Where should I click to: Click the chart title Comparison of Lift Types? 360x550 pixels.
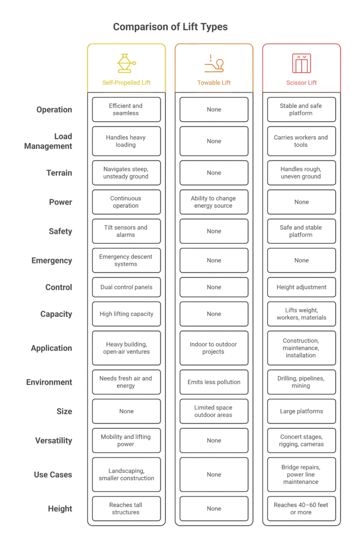[170, 27]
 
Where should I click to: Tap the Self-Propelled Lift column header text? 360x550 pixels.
[126, 83]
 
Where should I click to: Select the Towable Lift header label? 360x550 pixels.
[214, 83]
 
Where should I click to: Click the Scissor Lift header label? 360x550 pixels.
[301, 83]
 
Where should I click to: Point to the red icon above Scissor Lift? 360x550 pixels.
[301, 63]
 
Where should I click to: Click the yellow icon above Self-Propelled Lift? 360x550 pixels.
[126, 63]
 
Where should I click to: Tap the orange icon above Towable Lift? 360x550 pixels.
[214, 63]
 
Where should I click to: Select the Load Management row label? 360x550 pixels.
[48, 141]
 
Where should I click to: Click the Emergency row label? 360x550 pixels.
[52, 261]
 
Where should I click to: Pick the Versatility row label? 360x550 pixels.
[53, 441]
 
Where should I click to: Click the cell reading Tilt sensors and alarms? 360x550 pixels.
[127, 231]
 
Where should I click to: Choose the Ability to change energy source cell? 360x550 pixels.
[214, 202]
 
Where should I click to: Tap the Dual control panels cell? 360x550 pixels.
[127, 287]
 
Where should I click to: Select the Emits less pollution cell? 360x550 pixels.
[214, 382]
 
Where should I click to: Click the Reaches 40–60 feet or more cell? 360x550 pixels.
[301, 509]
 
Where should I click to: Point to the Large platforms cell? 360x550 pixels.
[301, 411]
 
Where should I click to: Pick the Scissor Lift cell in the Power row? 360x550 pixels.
[301, 202]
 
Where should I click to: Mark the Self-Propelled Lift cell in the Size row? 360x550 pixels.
[127, 411]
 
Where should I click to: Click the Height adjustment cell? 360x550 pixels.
[301, 287]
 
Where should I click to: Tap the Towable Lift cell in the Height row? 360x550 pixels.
[214, 509]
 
